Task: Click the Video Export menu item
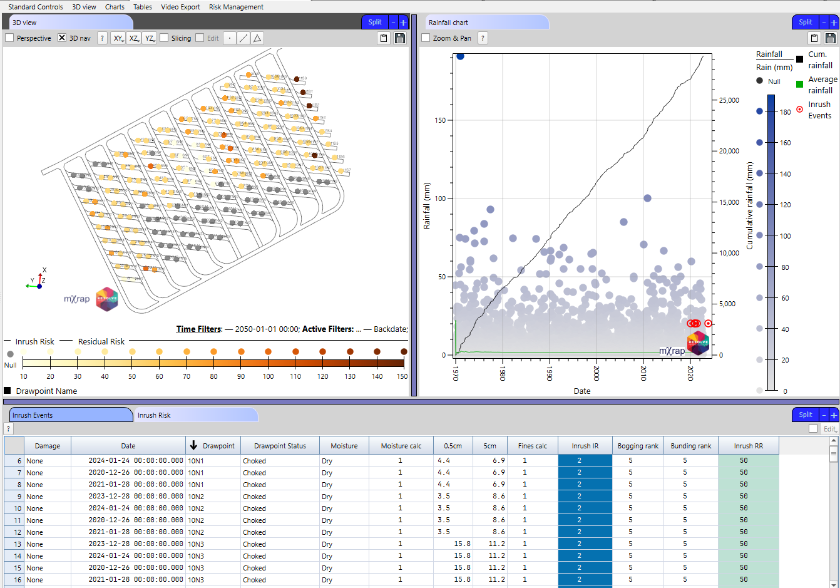180,7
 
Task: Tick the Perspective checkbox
9,38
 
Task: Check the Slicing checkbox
164,38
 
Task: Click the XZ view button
134,38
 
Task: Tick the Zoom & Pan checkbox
426,38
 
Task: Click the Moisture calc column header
401,446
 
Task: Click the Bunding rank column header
691,446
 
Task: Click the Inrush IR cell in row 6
579,461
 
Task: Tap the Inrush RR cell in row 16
744,580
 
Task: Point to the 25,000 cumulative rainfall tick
729,100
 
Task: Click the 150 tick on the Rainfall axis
440,120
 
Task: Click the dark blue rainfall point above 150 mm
460,56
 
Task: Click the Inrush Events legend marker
799,110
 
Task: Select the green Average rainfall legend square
799,84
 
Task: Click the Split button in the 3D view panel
374,22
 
